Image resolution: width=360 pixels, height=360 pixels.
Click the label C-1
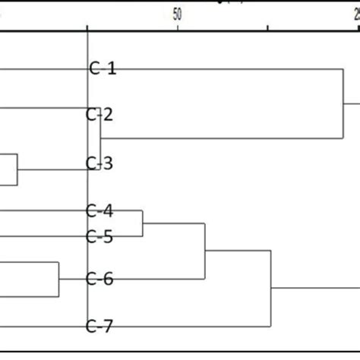click(x=103, y=68)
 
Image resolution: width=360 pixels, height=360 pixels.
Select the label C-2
click(x=99, y=115)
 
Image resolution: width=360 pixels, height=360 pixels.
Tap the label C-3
click(x=99, y=163)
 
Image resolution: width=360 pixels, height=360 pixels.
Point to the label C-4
click(x=99, y=210)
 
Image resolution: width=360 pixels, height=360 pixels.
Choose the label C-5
click(x=99, y=236)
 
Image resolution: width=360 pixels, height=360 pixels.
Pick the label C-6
click(x=99, y=279)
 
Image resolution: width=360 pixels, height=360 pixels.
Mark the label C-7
click(x=99, y=327)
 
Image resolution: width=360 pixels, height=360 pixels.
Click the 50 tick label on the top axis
click(x=178, y=13)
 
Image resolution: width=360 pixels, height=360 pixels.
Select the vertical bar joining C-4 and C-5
click(x=143, y=223)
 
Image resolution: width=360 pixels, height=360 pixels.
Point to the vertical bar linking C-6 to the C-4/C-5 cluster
click(x=205, y=251)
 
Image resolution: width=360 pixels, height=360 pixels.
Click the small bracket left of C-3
click(x=17, y=169)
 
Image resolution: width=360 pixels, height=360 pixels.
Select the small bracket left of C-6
click(x=58, y=279)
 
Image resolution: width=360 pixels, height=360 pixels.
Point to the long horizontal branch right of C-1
click(x=228, y=68)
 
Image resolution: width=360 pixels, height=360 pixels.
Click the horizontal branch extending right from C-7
click(x=190, y=327)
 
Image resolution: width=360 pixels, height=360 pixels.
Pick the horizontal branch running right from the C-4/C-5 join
click(x=175, y=223)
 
